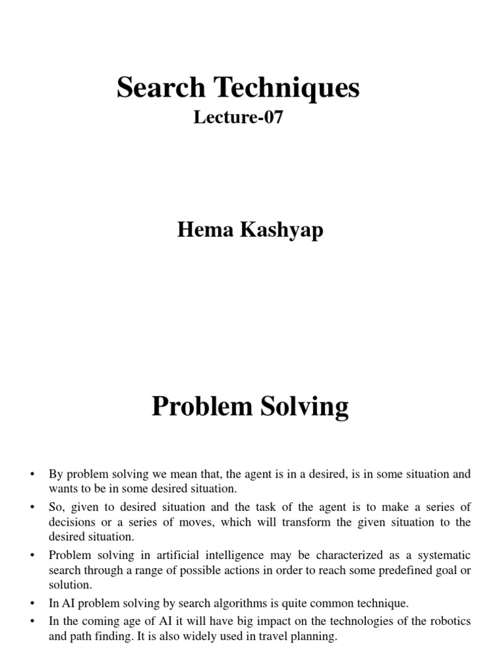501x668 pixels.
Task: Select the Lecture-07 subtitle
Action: pyautogui.click(x=238, y=118)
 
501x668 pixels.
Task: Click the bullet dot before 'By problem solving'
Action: pyautogui.click(x=32, y=474)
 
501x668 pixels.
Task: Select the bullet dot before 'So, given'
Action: pyautogui.click(x=32, y=507)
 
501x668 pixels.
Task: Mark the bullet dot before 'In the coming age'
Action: pyautogui.click(x=32, y=620)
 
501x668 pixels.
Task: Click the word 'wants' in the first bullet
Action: pyautogui.click(x=63, y=489)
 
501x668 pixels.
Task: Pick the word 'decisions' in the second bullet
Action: pyautogui.click(x=73, y=522)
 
